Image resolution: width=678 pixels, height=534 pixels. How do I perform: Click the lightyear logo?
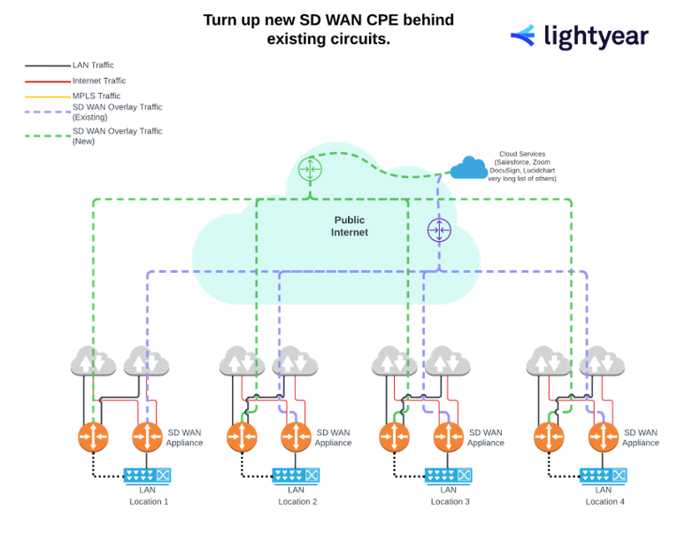(579, 36)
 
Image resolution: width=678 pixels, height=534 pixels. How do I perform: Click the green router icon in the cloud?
(310, 168)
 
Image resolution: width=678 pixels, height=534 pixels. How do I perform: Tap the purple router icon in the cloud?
(439, 230)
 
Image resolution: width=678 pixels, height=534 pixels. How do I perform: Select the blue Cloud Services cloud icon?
(468, 166)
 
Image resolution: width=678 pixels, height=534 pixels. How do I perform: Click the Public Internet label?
(349, 226)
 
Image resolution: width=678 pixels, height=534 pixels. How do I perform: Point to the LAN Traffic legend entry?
(93, 66)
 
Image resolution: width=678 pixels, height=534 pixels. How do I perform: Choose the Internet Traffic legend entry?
(99, 81)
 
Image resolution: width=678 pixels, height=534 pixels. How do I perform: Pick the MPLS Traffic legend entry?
(96, 96)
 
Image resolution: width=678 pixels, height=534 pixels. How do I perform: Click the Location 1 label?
(149, 501)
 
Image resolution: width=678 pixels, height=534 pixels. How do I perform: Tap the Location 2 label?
(297, 501)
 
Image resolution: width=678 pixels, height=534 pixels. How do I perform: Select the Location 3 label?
(450, 501)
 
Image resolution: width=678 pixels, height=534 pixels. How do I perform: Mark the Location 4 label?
(605, 501)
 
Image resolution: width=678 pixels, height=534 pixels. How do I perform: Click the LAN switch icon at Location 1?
(147, 476)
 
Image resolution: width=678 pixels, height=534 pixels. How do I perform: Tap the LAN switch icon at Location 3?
(448, 476)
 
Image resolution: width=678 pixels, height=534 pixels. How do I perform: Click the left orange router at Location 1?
(92, 437)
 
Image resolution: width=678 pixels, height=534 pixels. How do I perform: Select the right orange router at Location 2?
(297, 437)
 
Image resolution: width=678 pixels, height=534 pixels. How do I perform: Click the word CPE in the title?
(387, 19)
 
